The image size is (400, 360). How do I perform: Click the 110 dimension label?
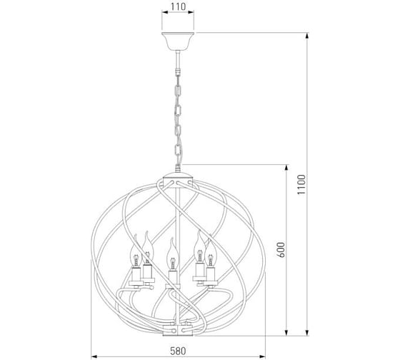[x=178, y=6]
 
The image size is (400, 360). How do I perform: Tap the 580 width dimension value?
[x=178, y=351]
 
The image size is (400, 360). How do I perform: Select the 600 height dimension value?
[x=281, y=250]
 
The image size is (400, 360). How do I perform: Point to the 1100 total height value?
[x=301, y=184]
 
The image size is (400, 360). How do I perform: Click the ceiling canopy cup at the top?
[x=178, y=41]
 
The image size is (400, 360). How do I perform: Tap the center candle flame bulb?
[x=173, y=253]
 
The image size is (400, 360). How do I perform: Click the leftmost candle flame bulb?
[x=136, y=251]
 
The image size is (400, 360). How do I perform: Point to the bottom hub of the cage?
[x=178, y=330]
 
